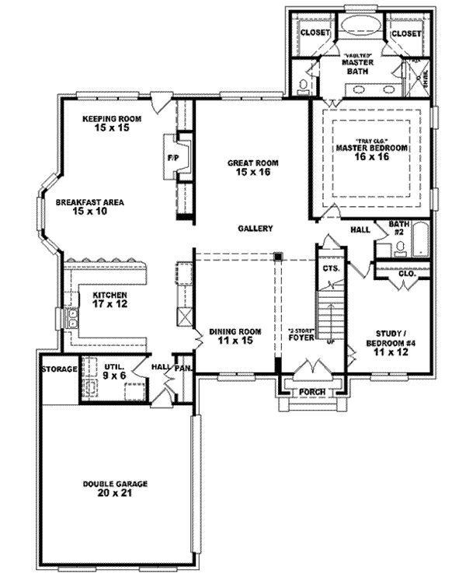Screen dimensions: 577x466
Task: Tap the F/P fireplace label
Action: tap(172, 159)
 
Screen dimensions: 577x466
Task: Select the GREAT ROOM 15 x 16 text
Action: tap(252, 168)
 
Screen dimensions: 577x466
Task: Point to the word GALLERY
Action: tap(255, 229)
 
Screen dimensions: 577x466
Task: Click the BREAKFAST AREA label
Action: tap(89, 206)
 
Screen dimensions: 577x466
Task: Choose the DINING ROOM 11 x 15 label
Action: tap(235, 335)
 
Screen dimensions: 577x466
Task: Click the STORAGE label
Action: tap(59, 369)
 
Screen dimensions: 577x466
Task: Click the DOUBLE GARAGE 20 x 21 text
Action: tap(116, 488)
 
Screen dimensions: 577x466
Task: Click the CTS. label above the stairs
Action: tap(329, 268)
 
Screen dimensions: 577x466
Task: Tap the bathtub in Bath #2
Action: tap(419, 240)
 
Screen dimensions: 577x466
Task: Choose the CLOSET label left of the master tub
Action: tap(315, 33)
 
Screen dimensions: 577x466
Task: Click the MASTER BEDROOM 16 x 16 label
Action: tap(371, 152)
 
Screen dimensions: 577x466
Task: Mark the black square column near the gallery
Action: tap(277, 256)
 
